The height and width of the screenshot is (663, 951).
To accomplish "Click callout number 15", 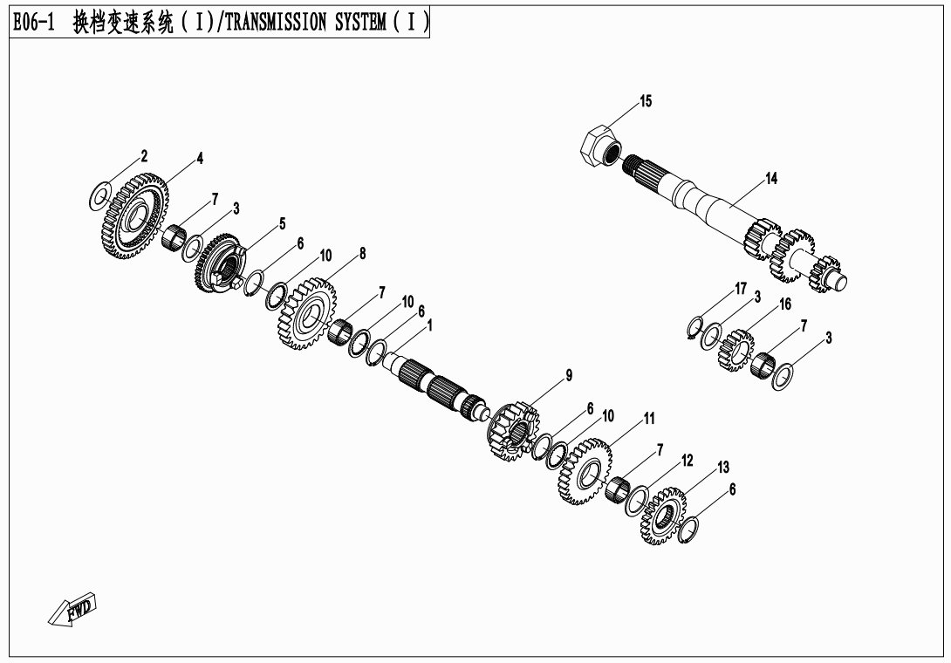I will pos(646,102).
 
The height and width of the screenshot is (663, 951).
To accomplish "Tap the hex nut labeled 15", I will pos(599,144).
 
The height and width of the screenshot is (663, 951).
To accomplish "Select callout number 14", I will pos(771,179).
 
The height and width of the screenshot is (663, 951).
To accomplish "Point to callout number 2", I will pos(144,156).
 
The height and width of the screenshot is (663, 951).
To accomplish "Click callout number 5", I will pos(282,223).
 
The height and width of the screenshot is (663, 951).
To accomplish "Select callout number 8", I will pos(362,254).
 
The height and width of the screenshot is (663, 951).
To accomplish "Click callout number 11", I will pos(648,420).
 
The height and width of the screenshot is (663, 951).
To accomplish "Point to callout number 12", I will pos(688,460).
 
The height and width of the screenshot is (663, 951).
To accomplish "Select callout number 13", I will pos(722,468).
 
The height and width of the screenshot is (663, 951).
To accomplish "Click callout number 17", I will pos(741,289).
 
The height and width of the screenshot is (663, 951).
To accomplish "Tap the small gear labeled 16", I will pos(735,348).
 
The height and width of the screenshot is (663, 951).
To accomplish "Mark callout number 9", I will pos(569,376).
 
